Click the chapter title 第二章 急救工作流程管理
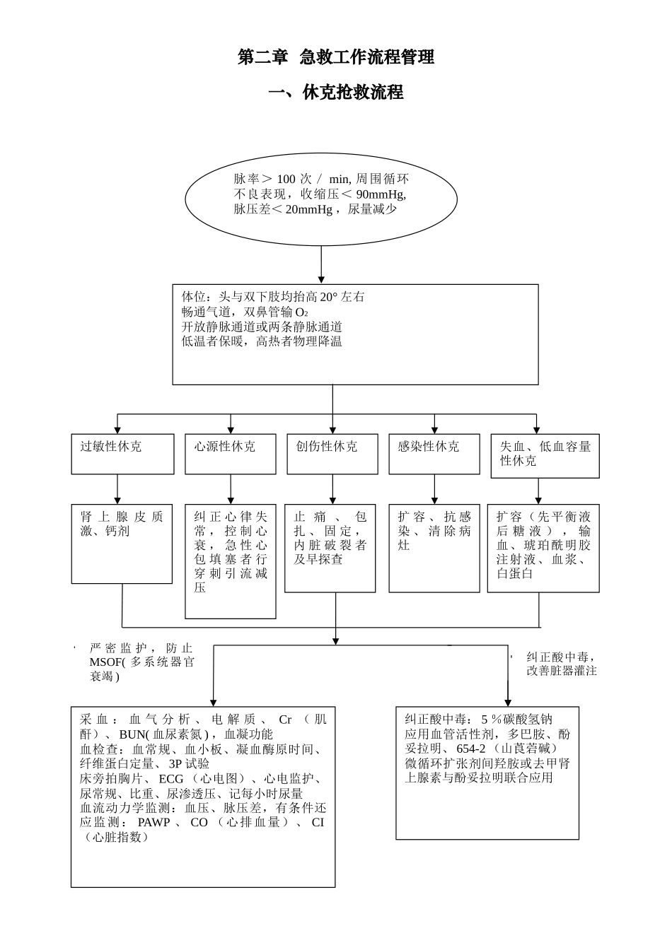pos(335,57)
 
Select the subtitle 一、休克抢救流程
pos(335,93)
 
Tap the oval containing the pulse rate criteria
pos(321,199)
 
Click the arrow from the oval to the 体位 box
pos(321,265)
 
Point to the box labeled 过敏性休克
pos(122,454)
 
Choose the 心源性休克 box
pos(230,454)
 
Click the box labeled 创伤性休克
pos(332,454)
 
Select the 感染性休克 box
pos(434,454)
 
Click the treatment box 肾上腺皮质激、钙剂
pos(122,544)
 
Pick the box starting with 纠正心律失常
pos(231,561)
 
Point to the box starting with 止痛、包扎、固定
pos(330,548)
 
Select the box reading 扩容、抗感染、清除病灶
pos(434,548)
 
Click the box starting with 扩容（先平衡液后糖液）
pos(543,548)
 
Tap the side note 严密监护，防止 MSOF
pos(141,662)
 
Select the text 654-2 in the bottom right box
pos(470,749)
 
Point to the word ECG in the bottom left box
pos(171,778)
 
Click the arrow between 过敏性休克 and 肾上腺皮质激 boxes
pos(117,489)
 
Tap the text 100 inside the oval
pos(286,179)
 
